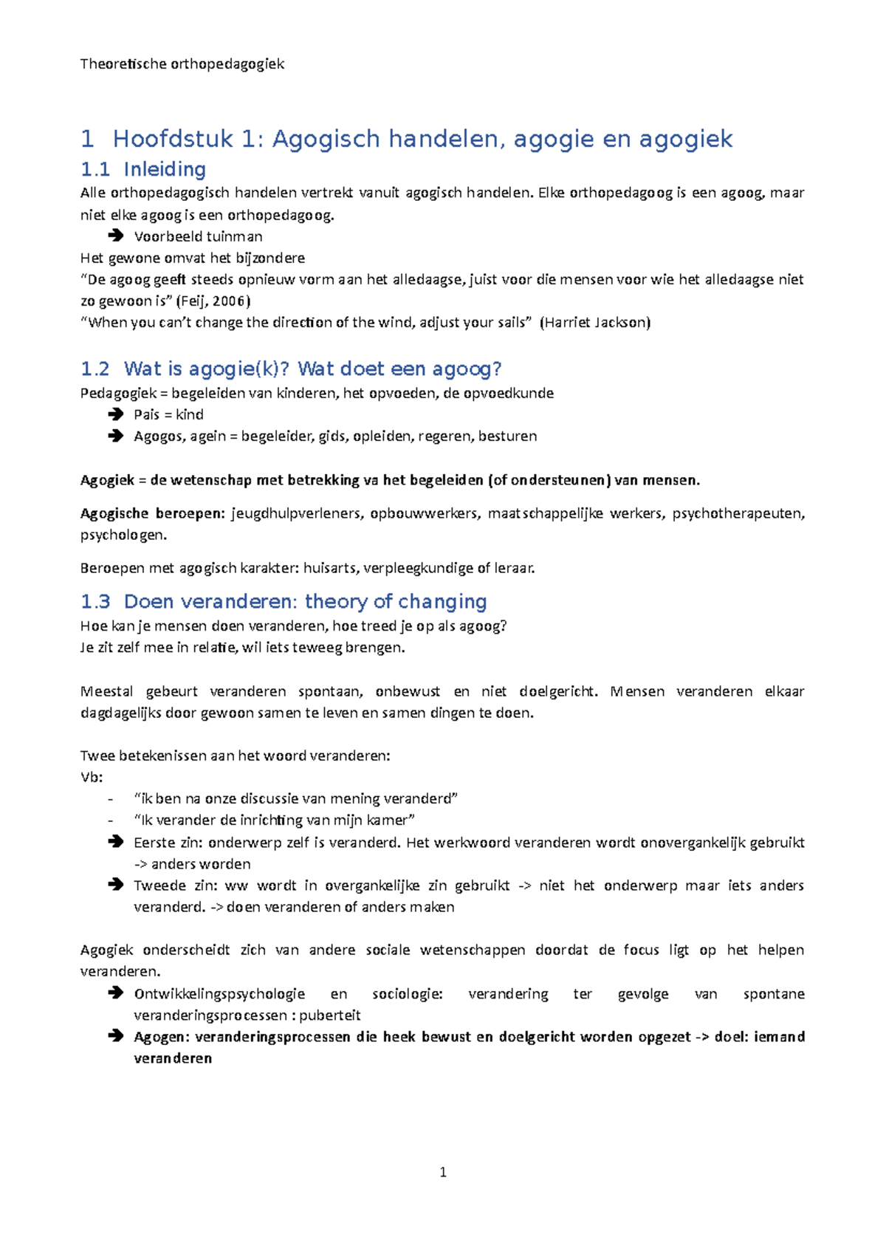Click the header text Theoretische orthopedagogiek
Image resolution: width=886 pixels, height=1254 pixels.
click(182, 64)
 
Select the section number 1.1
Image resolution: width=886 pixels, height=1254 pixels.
click(95, 170)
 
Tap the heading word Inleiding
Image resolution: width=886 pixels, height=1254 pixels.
click(165, 170)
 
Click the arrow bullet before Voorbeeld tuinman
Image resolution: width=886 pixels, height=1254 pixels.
click(115, 236)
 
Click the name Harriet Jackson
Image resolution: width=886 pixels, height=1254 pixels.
click(595, 322)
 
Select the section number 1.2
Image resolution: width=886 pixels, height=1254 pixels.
click(95, 369)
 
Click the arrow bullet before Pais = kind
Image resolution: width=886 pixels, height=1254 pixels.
click(115, 414)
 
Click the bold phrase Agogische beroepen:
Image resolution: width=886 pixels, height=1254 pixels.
click(152, 513)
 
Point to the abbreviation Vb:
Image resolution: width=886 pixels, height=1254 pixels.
click(91, 777)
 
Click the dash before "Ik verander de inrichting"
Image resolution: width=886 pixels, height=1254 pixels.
click(110, 820)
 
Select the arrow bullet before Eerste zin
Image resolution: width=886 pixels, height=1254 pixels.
click(115, 842)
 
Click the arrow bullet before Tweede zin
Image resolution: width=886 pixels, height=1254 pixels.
click(115, 885)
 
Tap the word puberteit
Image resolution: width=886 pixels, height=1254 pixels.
click(329, 1015)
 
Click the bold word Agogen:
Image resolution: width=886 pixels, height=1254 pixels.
click(162, 1037)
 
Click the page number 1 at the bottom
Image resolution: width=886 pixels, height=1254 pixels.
click(443, 1172)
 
